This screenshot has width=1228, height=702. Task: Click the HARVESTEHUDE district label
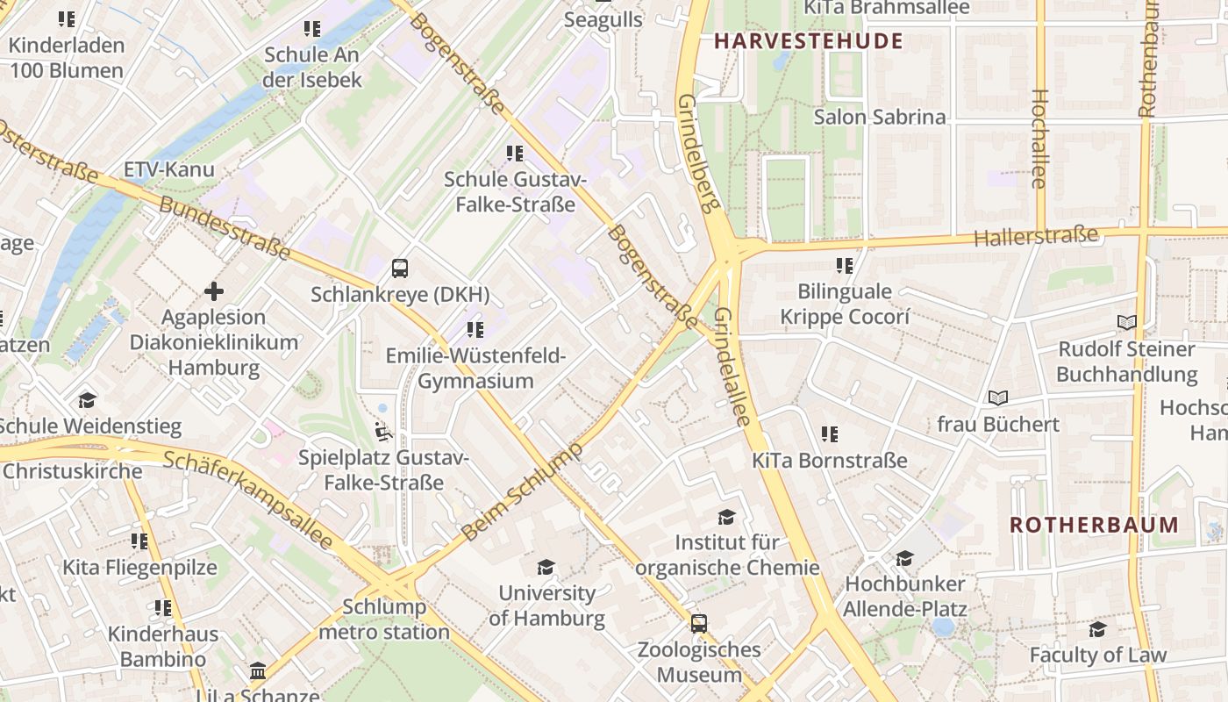pos(808,41)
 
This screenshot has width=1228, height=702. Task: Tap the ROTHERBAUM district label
pos(1094,525)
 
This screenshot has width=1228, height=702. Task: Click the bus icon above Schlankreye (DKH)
pos(400,269)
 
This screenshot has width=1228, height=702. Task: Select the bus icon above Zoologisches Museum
pos(699,624)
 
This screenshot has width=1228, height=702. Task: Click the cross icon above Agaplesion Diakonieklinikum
pos(214,290)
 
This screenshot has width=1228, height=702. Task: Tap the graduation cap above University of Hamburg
pos(546,567)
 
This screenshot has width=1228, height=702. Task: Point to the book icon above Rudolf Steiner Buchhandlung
pos(1127,323)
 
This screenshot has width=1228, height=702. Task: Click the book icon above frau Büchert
pos(998,398)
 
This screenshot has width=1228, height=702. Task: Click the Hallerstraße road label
pos(1036,236)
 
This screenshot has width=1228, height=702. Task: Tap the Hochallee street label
pos(1039,139)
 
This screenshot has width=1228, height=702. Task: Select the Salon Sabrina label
pos(880,117)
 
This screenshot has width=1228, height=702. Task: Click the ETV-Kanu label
pos(168,169)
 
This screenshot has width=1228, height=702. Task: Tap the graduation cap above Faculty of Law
pos(1097,629)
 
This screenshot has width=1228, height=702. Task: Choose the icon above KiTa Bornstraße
pos(830,433)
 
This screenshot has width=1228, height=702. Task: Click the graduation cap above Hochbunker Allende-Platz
pos(904,558)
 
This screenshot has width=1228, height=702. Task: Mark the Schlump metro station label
pos(384,619)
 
